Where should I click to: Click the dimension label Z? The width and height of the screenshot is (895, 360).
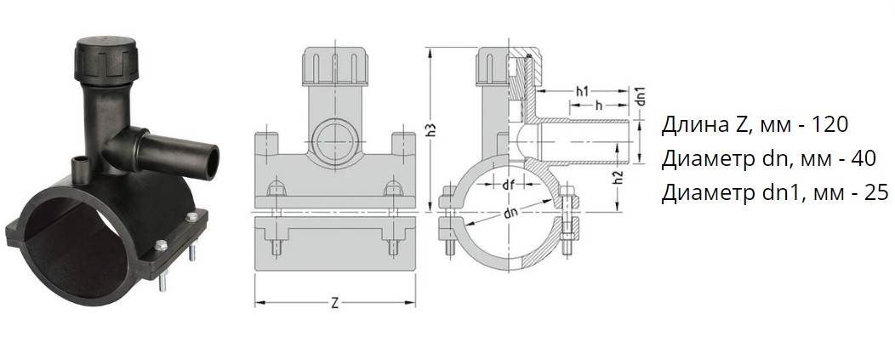click(334, 303)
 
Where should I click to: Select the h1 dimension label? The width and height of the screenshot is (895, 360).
click(582, 91)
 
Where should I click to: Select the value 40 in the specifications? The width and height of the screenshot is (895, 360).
click(862, 159)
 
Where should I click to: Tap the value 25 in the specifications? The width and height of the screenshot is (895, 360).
click(875, 194)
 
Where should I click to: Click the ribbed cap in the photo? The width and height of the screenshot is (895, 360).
click(106, 60)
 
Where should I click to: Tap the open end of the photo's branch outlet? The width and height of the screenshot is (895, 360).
click(210, 162)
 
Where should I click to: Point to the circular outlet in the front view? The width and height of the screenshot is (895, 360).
click(334, 139)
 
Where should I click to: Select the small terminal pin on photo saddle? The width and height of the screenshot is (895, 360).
click(79, 169)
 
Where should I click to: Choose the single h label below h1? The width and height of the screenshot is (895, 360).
click(598, 106)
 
